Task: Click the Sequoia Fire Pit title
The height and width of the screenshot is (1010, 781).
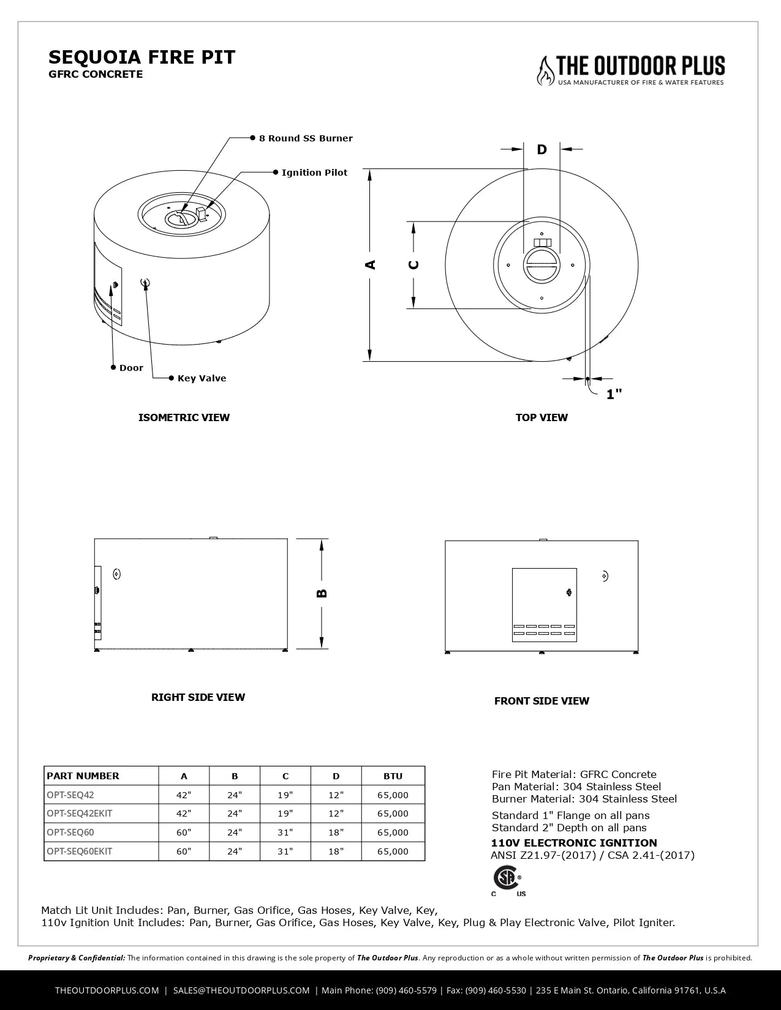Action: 141,58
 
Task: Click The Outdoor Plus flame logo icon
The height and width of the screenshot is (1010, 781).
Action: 544,70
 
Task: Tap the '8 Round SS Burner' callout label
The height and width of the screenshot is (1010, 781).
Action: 306,138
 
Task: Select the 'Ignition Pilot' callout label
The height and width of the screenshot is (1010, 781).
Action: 314,173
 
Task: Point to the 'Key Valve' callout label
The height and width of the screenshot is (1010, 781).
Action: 202,378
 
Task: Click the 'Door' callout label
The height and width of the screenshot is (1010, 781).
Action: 131,368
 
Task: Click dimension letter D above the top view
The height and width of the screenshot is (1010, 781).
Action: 541,149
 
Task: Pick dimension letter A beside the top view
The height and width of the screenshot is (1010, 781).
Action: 371,264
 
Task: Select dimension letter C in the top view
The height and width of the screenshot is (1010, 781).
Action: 414,264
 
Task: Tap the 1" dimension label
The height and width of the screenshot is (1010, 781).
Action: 614,394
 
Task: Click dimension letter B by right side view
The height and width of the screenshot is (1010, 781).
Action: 322,593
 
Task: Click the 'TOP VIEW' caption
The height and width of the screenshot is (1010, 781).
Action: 541,417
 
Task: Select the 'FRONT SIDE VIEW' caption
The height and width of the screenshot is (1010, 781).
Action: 541,701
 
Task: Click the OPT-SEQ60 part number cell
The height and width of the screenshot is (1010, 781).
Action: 70,832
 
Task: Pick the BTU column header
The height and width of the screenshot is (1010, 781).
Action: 393,776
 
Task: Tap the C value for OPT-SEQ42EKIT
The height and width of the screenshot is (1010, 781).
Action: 285,814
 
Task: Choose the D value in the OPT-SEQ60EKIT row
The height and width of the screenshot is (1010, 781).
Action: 336,851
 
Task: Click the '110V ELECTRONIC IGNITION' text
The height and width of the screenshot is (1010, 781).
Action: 574,843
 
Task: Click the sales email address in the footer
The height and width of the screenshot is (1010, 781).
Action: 241,990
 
